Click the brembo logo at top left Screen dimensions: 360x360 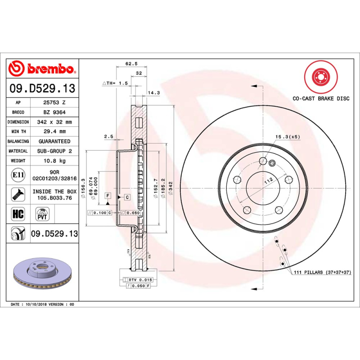tap(42, 69)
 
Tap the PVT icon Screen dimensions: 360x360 tap(43, 213)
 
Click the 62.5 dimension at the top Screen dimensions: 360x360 tap(131, 64)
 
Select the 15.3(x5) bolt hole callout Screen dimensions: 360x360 tap(288, 136)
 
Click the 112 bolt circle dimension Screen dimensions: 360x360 tap(269, 180)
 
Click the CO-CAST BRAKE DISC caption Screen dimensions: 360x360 tap(320, 98)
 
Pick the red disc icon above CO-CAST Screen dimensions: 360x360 tap(320, 76)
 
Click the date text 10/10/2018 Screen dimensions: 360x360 tap(36, 305)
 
